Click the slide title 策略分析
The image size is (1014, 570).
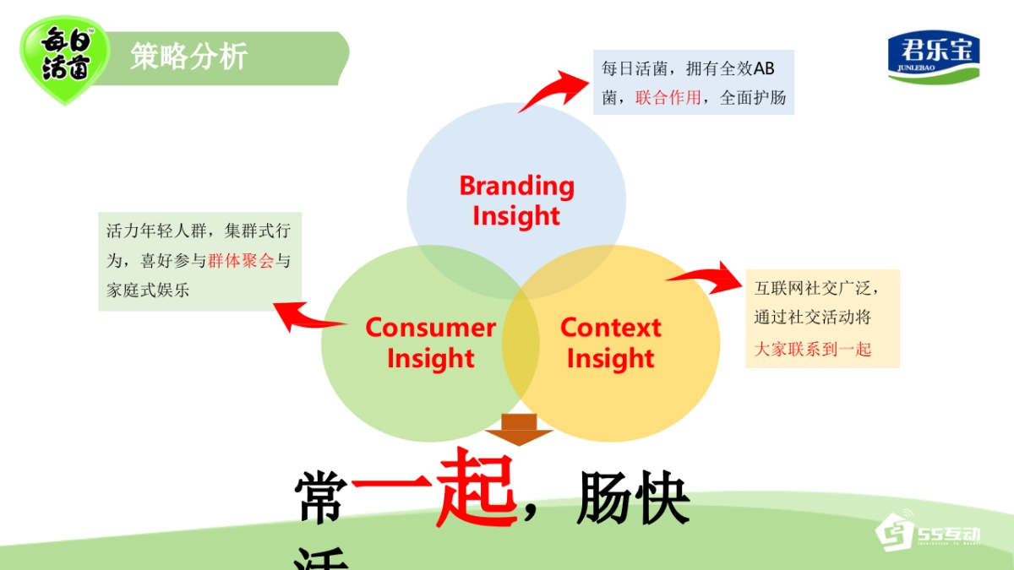coord(188,57)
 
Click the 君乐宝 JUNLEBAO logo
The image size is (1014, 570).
coord(934,57)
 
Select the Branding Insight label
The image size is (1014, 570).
coord(516,200)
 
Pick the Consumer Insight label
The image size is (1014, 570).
coord(430,342)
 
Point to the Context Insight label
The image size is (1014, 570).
coord(610,342)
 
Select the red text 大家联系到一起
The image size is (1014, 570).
coord(812,348)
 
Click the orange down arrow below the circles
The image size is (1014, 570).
coord(518,428)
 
